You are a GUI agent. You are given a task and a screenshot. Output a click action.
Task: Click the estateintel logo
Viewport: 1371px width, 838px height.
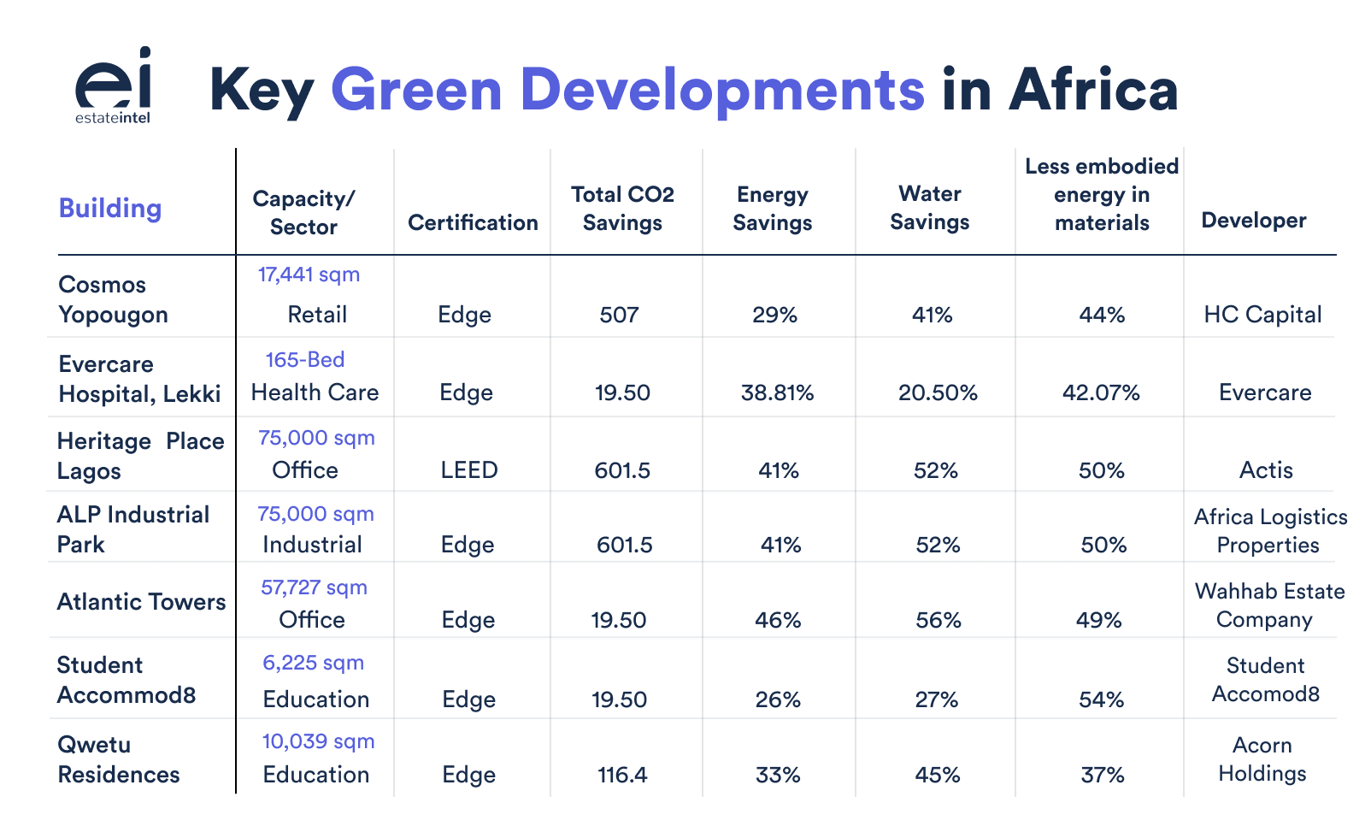113,86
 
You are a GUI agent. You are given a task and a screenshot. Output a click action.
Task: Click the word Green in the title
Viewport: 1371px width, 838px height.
416,90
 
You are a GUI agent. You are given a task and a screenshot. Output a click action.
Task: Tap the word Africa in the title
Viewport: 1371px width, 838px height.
1093,90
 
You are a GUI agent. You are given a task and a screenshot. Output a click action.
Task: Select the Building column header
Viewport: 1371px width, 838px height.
109,209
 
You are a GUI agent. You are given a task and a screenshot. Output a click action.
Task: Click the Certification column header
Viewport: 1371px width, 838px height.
473,223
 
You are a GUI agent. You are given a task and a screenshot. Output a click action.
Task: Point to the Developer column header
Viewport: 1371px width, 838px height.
1253,221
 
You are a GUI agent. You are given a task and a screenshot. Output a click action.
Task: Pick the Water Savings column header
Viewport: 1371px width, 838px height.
929,208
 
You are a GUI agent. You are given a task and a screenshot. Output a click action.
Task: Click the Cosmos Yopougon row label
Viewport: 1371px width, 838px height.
112,299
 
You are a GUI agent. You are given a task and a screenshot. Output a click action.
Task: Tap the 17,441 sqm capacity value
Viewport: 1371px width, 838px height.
309,274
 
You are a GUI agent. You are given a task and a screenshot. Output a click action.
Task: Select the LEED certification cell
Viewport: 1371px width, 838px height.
468,470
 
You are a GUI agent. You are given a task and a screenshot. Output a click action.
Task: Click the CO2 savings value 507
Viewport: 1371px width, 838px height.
619,315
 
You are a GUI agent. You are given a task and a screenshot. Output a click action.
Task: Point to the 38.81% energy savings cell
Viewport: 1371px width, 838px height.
777,393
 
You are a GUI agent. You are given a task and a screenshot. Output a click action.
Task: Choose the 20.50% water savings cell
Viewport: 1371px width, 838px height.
938,393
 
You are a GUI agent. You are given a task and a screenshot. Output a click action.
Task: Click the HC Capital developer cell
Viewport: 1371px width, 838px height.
1262,315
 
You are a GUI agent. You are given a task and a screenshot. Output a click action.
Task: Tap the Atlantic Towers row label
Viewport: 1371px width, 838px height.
141,602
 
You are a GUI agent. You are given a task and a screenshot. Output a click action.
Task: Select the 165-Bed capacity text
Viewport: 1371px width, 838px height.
305,360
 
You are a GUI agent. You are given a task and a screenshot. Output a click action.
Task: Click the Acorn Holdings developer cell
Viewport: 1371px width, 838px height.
1262,759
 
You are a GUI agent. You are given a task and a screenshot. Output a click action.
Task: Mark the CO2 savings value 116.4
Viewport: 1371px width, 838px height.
622,776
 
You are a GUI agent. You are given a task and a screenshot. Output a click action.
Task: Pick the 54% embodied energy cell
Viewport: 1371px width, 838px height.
1101,700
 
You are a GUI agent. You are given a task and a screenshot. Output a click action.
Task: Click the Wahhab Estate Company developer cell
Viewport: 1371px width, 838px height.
1268,605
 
